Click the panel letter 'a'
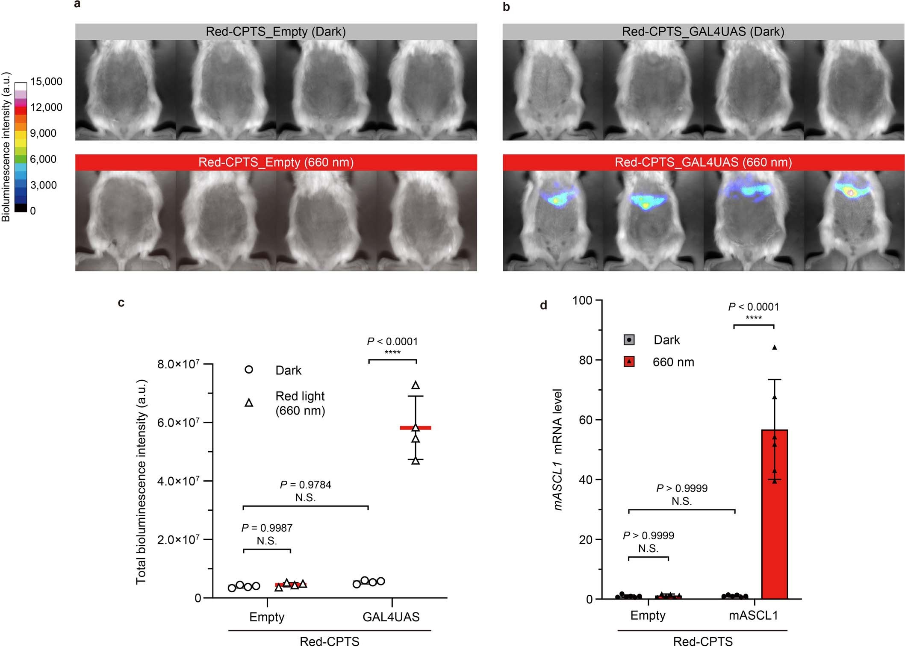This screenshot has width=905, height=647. pyautogui.click(x=77, y=5)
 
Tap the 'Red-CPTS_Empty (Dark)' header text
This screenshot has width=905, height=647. pyautogui.click(x=276, y=32)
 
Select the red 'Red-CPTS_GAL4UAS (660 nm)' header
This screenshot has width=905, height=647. pyautogui.click(x=703, y=162)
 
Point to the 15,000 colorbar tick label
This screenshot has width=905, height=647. pyautogui.click(x=46, y=82)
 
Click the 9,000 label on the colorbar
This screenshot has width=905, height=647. pyautogui.click(x=43, y=133)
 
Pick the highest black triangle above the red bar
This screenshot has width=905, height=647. pyautogui.click(x=774, y=347)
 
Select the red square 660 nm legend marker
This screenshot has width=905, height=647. pyautogui.click(x=629, y=362)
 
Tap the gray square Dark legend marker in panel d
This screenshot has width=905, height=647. pyautogui.click(x=629, y=340)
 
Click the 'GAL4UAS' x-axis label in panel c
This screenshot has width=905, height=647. pyautogui.click(x=391, y=617)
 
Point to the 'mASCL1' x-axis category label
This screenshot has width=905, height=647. pyautogui.click(x=753, y=615)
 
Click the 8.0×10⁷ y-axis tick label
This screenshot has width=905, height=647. pyautogui.click(x=178, y=364)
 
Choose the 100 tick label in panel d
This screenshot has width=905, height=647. pyautogui.click(x=582, y=300)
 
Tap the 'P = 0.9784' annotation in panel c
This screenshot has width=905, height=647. pyautogui.click(x=305, y=485)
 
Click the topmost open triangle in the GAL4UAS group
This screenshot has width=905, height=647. pyautogui.click(x=416, y=385)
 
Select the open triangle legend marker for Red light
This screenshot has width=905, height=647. pyautogui.click(x=249, y=403)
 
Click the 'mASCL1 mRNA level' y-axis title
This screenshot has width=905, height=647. pyautogui.click(x=557, y=449)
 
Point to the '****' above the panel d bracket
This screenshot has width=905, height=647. pyautogui.click(x=754, y=318)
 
